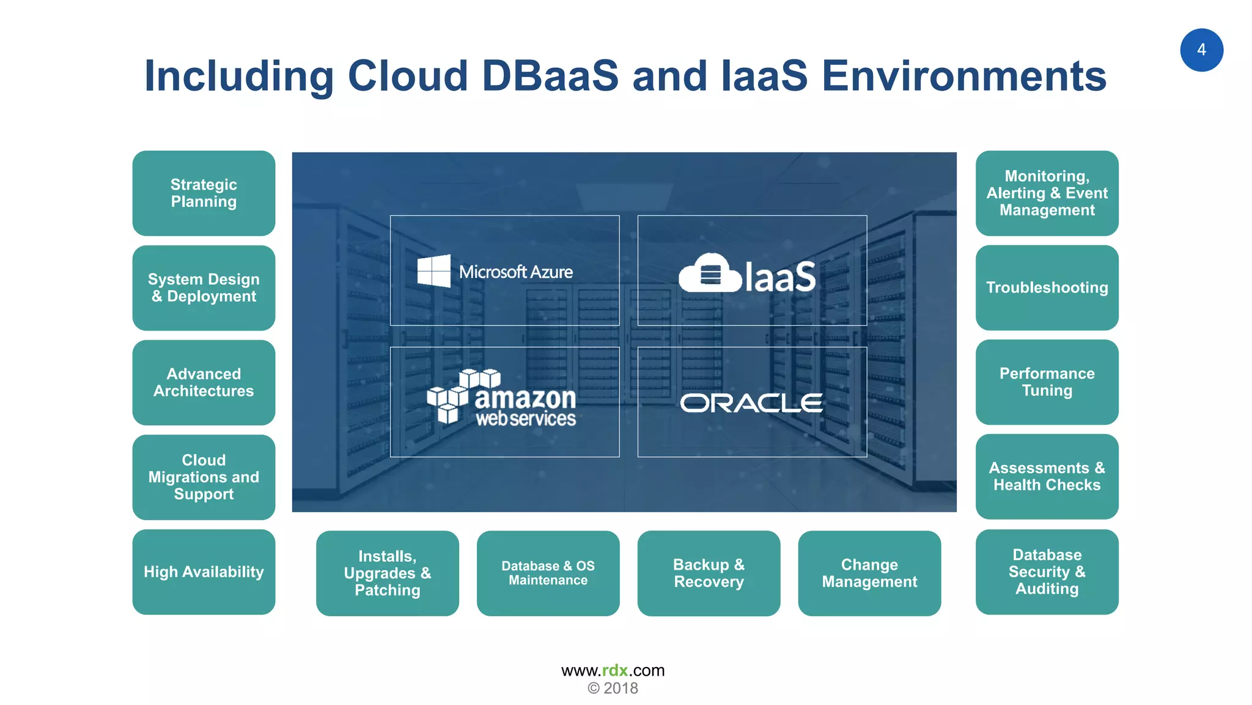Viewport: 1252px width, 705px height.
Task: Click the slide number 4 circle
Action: tap(1201, 50)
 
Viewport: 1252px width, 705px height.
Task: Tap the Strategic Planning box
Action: tap(204, 193)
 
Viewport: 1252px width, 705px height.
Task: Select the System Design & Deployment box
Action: tap(204, 288)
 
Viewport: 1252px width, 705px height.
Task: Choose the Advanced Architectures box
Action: tap(204, 382)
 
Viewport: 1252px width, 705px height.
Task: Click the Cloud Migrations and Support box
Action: tap(204, 477)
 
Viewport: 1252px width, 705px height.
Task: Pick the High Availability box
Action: tap(204, 572)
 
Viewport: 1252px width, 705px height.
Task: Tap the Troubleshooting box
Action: tap(1047, 288)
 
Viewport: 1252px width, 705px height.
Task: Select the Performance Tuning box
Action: tap(1047, 382)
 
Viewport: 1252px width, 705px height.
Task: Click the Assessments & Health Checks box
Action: tap(1047, 477)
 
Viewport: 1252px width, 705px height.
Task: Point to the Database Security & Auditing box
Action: tap(1047, 572)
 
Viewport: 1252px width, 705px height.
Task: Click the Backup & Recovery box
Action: tap(709, 573)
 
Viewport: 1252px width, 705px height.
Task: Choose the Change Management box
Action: tap(869, 573)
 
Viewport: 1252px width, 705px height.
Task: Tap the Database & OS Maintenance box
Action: tap(548, 573)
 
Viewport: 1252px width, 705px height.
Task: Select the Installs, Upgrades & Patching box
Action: tap(387, 573)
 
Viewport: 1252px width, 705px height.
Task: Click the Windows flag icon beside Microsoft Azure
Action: tap(434, 271)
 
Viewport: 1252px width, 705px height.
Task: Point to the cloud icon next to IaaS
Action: tap(709, 274)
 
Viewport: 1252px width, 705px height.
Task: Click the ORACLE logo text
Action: tap(751, 403)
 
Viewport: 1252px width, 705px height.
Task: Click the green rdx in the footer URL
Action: tap(615, 671)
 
